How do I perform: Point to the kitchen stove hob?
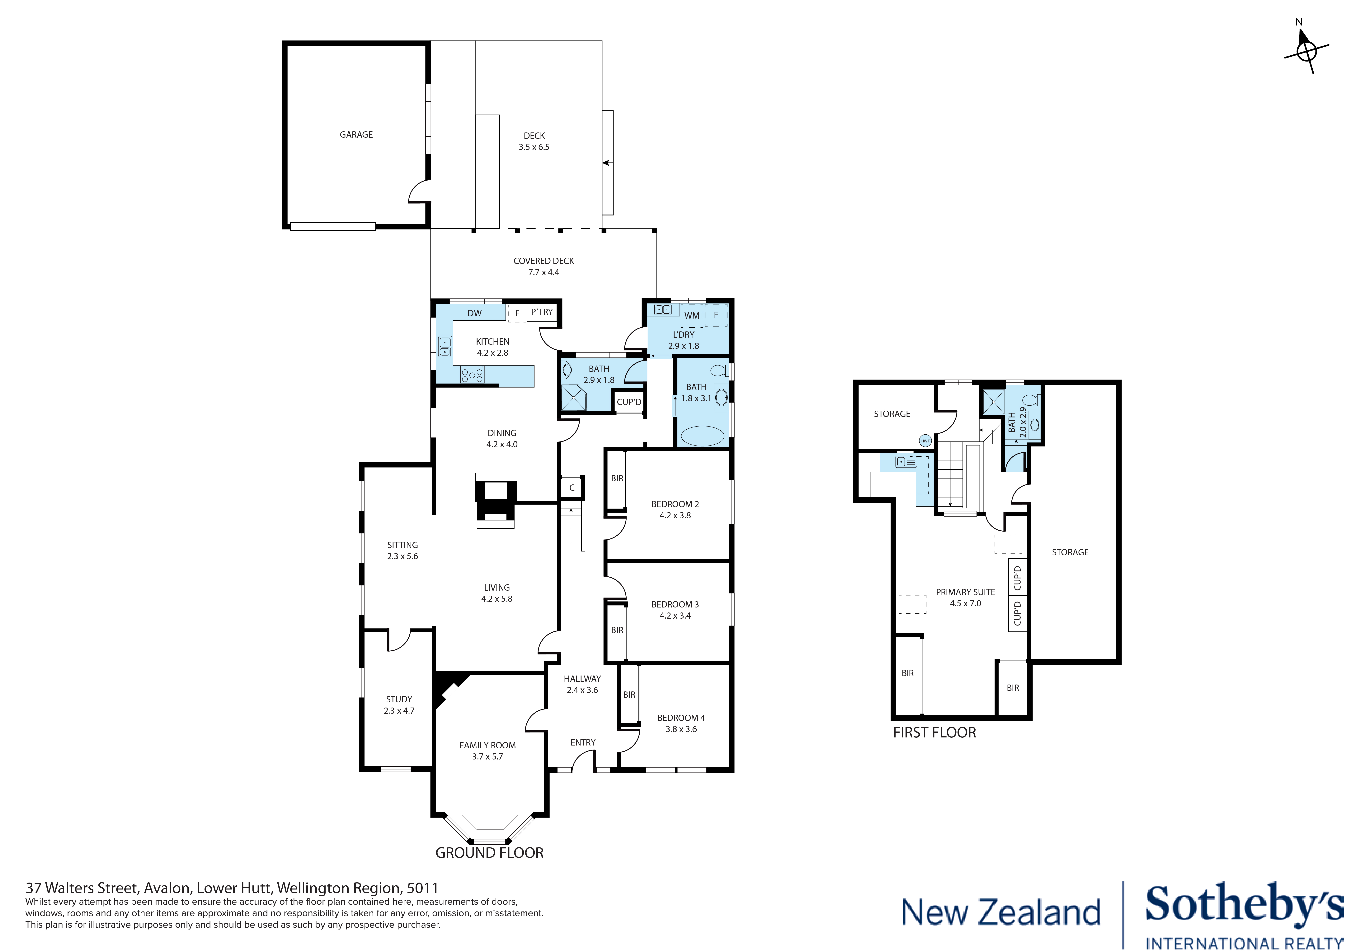coord(472,374)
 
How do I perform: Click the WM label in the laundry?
coord(692,315)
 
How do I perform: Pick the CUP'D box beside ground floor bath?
coord(629,402)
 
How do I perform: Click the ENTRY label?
coord(583,742)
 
